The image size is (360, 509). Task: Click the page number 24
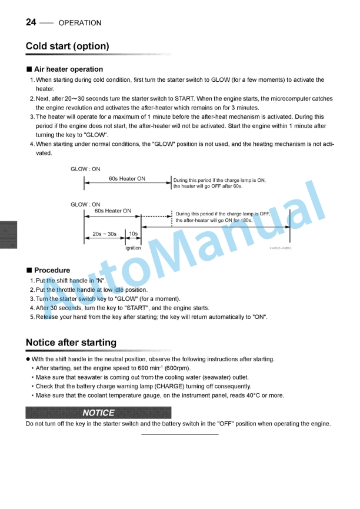[31, 22]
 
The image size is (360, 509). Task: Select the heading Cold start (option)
[67, 46]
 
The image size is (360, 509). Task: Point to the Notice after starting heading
[71, 342]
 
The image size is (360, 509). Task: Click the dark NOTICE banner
[98, 412]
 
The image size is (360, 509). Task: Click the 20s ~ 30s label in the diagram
[105, 234]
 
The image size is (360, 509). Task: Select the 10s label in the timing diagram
[134, 234]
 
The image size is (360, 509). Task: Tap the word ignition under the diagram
[133, 248]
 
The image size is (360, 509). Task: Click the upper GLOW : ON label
[85, 169]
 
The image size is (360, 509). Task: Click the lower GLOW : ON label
[85, 205]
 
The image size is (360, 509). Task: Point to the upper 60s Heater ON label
[127, 179]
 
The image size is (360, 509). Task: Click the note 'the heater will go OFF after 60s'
[208, 187]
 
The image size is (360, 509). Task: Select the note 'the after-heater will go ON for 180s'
[214, 220]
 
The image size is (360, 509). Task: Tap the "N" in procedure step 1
[99, 281]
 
